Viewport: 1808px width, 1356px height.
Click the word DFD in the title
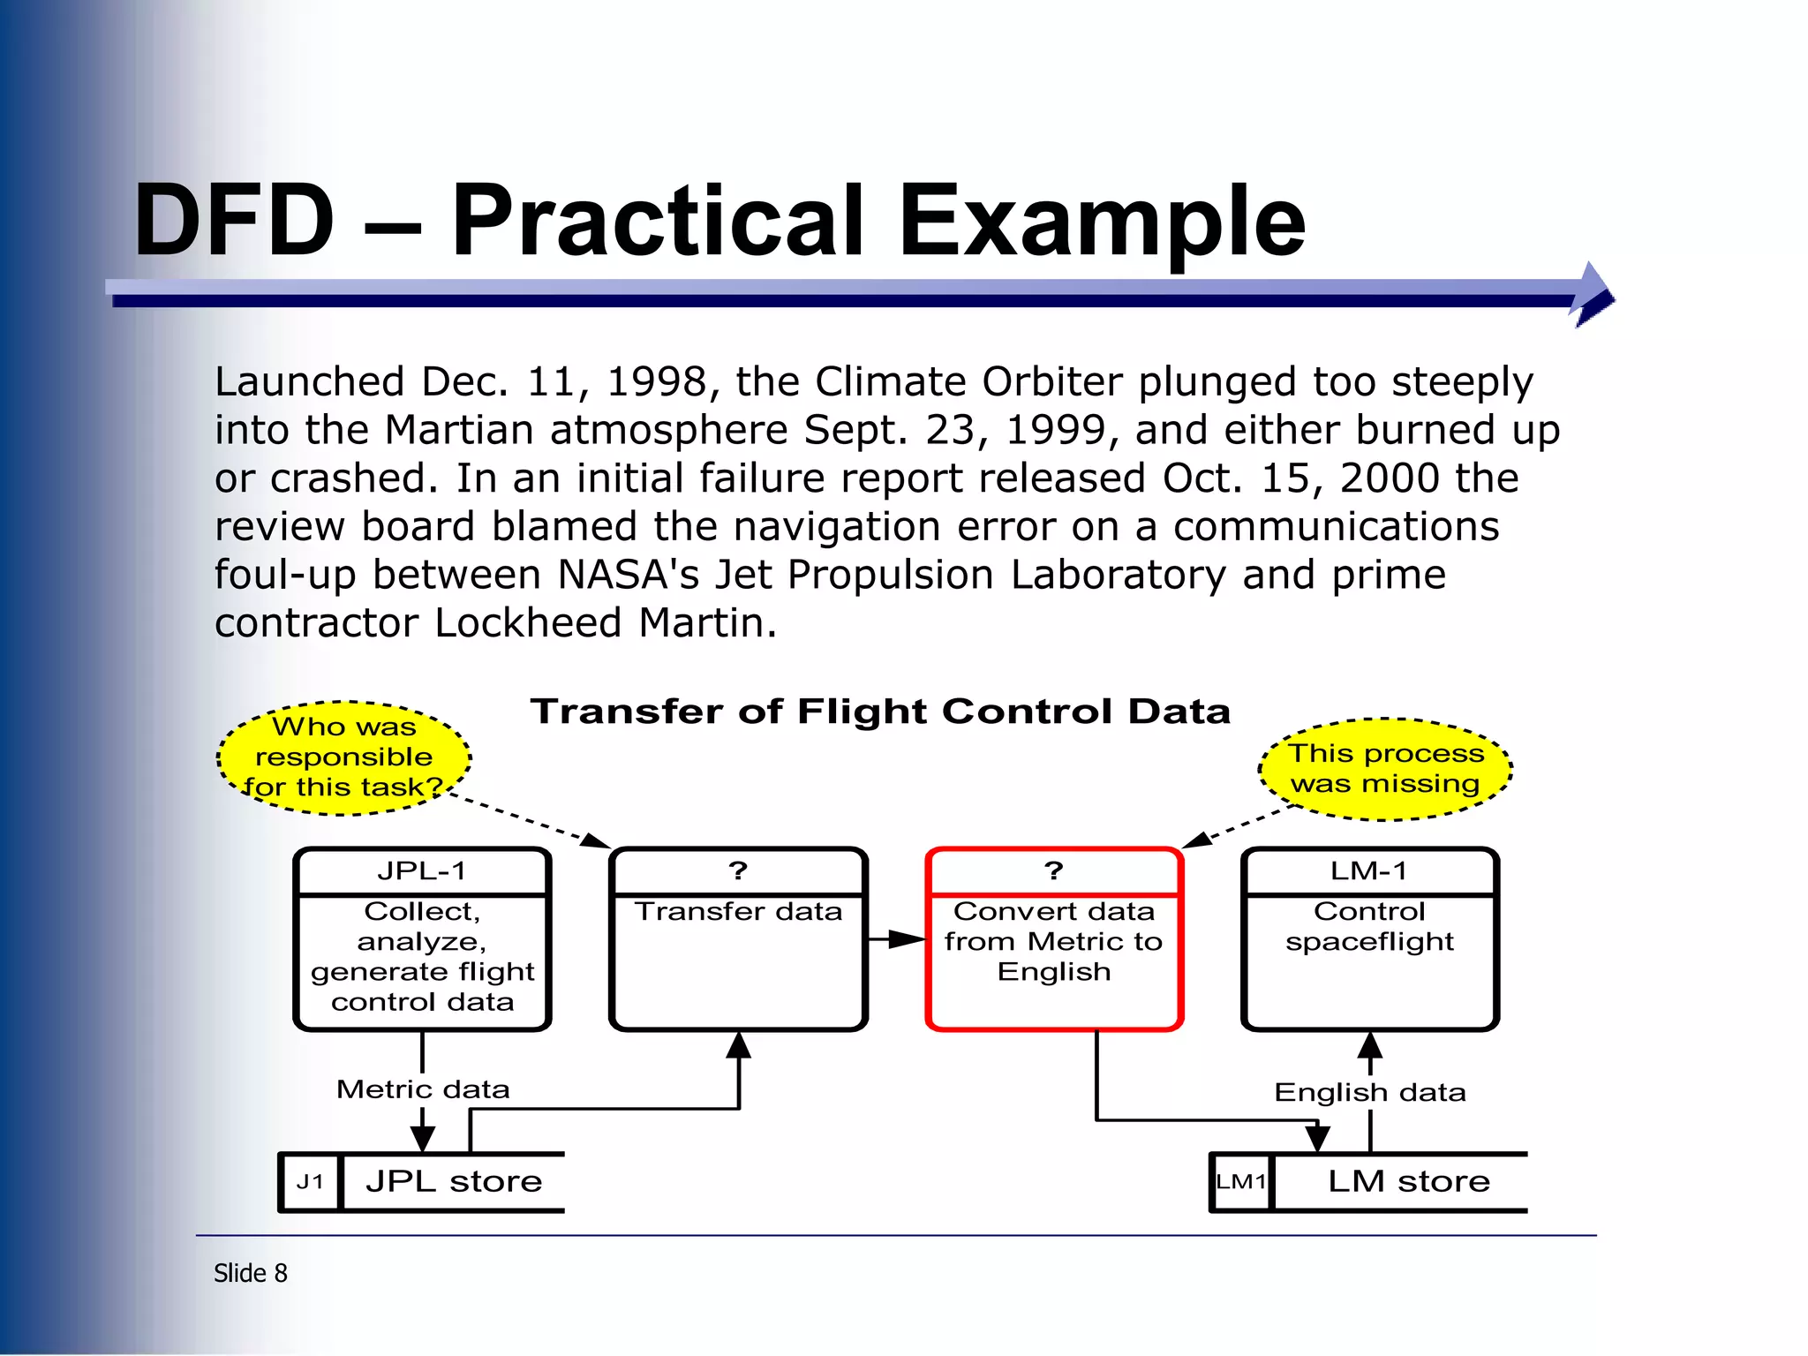click(x=234, y=221)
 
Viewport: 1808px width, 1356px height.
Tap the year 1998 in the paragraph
click(x=656, y=382)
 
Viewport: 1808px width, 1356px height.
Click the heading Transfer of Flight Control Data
click(x=880, y=712)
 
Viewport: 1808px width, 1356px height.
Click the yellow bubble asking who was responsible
click(x=344, y=757)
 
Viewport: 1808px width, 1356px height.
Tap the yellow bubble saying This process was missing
click(x=1385, y=769)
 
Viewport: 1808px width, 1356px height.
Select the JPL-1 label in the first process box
click(x=422, y=871)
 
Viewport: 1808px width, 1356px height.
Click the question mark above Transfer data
click(x=738, y=871)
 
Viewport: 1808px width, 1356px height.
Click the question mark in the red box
click(x=1053, y=871)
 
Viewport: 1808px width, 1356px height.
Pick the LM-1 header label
click(x=1368, y=871)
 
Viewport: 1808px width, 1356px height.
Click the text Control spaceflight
click(x=1369, y=926)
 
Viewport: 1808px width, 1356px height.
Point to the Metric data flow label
click(x=423, y=1089)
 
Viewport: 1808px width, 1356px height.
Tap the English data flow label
click(x=1369, y=1093)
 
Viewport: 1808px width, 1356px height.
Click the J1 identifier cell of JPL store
click(x=310, y=1182)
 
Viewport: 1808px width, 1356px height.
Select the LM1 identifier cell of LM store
click(x=1241, y=1182)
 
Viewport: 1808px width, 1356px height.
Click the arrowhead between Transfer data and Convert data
click(x=906, y=939)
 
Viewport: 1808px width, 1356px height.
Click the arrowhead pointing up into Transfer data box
click(x=738, y=1046)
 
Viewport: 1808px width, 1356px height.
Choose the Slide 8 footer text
click(x=251, y=1273)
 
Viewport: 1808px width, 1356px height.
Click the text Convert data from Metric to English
click(x=1053, y=941)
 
